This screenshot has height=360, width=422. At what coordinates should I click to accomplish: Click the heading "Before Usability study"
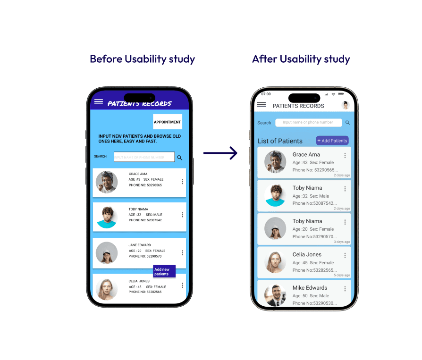[x=142, y=59]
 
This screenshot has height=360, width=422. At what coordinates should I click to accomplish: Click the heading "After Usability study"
[x=301, y=59]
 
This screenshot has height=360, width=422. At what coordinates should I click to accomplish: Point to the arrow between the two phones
[x=220, y=153]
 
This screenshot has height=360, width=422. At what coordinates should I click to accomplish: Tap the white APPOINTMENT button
[x=167, y=122]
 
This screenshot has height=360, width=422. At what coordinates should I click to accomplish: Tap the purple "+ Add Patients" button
[x=332, y=141]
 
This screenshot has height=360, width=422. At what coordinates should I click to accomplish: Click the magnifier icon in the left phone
[x=180, y=158]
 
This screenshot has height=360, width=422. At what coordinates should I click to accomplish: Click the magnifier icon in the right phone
[x=348, y=123]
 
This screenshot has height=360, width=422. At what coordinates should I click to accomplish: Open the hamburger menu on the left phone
[x=99, y=101]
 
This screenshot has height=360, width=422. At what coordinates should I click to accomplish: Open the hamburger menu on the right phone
[x=261, y=105]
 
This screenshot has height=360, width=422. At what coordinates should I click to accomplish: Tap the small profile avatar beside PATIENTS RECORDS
[x=346, y=105]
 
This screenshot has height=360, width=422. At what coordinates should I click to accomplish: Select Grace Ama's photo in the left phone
[x=107, y=182]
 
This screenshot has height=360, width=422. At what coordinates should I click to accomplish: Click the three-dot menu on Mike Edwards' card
[x=345, y=289]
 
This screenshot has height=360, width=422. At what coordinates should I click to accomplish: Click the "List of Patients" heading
[x=280, y=141]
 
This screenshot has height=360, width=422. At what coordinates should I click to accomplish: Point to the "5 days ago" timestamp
[x=342, y=275]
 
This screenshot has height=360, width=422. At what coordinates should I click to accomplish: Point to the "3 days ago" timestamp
[x=342, y=242]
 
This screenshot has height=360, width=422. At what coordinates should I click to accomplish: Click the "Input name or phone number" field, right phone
[x=308, y=123]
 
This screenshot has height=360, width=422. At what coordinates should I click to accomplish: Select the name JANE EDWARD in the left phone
[x=140, y=245]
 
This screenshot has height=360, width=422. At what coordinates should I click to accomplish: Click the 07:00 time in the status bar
[x=266, y=94]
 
